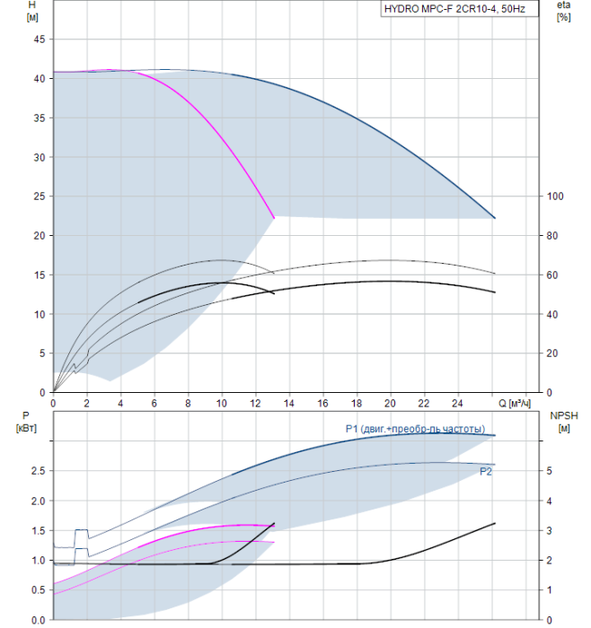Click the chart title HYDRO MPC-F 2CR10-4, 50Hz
(x=454, y=9)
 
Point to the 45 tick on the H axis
(x=40, y=39)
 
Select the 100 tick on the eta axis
(x=555, y=196)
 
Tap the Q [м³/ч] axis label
(x=515, y=404)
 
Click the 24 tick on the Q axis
(x=457, y=404)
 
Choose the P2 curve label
(x=486, y=472)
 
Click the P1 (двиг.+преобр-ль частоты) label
(x=415, y=429)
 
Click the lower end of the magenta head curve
(x=274, y=218)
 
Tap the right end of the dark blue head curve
(x=495, y=218)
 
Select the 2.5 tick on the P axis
(x=38, y=471)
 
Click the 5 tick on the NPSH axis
(x=550, y=471)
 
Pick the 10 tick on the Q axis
(x=222, y=404)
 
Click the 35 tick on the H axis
(x=40, y=118)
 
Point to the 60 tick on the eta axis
(x=552, y=275)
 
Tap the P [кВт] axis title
(x=26, y=422)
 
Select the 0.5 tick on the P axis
(x=38, y=590)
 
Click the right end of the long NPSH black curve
(x=495, y=523)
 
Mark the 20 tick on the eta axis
(x=552, y=353)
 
